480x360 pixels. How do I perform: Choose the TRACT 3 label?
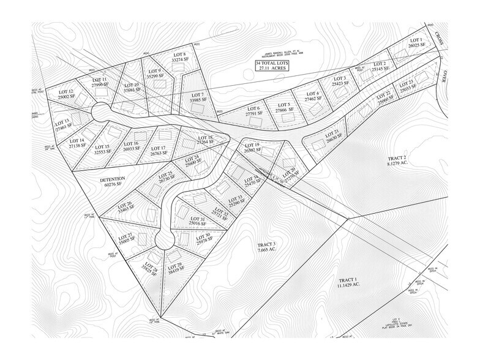[266, 244]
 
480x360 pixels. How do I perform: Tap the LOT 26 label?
[126, 204]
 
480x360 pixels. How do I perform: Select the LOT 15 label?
[102, 146]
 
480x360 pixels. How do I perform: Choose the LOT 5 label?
[283, 105]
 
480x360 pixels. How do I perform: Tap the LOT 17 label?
[158, 148]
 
